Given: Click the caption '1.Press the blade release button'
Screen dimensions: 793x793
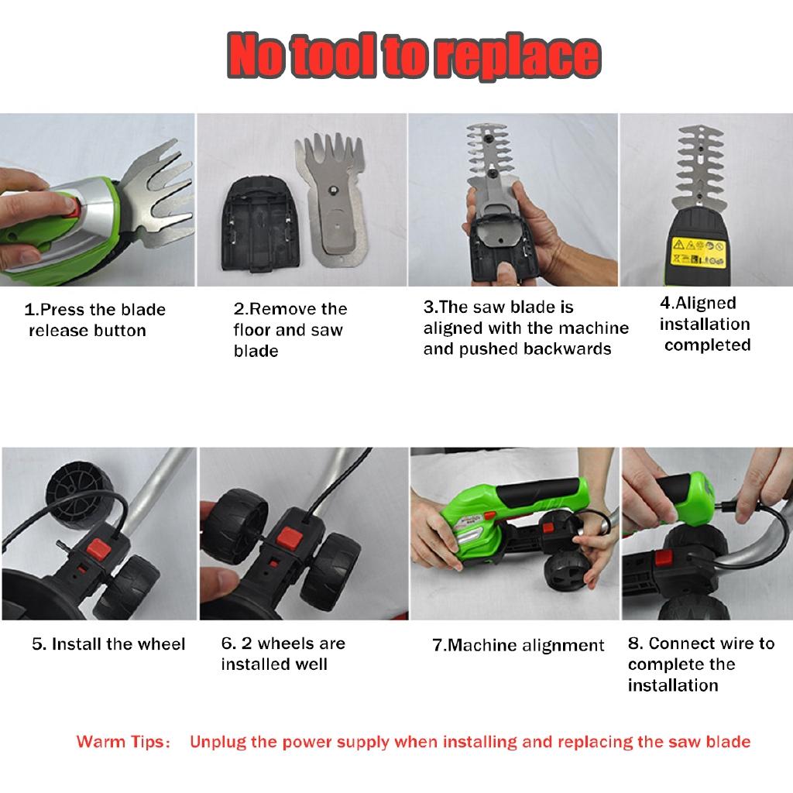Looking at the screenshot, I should pyautogui.click(x=94, y=320).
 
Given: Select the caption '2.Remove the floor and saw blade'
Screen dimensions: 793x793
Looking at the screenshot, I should pyautogui.click(x=290, y=330).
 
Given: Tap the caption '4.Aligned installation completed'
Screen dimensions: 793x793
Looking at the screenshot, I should pyautogui.click(x=705, y=324).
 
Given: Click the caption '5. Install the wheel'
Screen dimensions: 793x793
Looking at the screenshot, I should pyautogui.click(x=108, y=644).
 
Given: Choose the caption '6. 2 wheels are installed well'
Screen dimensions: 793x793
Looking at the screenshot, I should pyautogui.click(x=283, y=654).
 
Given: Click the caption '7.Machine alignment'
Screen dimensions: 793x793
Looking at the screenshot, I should pyautogui.click(x=517, y=645).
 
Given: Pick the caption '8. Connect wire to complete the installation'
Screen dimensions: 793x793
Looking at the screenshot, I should pyautogui.click(x=700, y=664).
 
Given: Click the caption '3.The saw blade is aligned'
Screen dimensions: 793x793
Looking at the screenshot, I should pyautogui.click(x=525, y=328).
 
